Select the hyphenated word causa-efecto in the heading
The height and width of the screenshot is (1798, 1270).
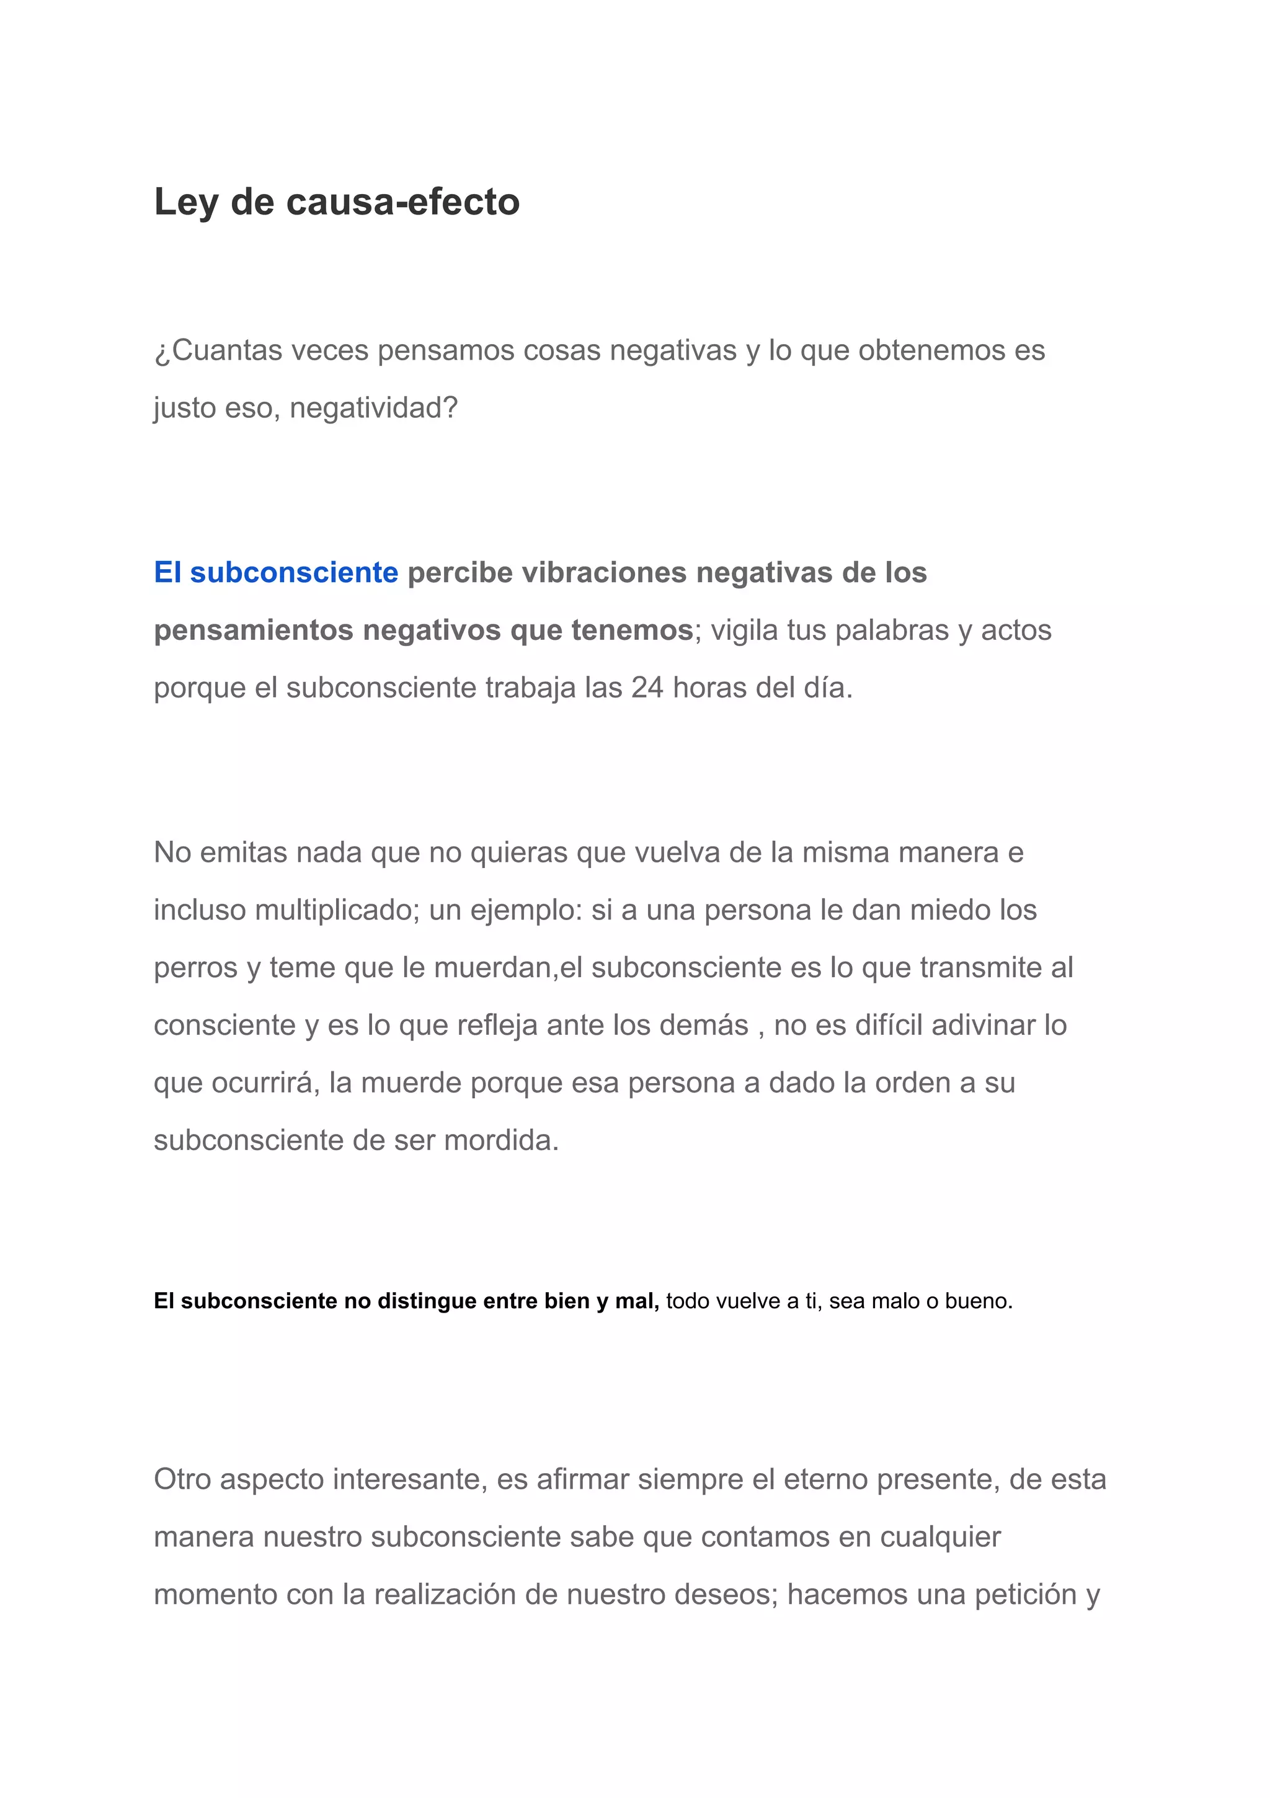click(402, 202)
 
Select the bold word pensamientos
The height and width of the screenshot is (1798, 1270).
click(249, 630)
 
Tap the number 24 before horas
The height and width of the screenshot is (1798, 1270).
click(647, 688)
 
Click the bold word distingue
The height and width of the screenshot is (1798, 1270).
click(427, 1301)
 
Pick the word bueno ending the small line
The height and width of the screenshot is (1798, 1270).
click(979, 1301)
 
